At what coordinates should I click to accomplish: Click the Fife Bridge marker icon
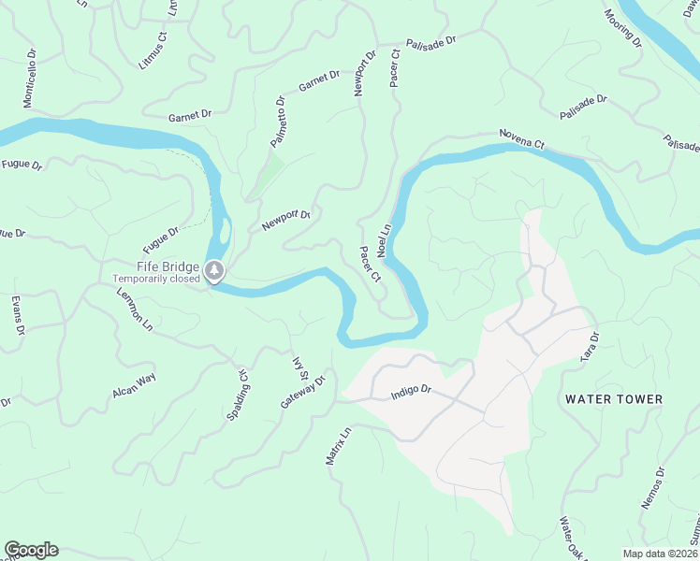click(215, 272)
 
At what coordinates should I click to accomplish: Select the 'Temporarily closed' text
click(156, 279)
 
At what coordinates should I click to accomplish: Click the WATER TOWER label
click(614, 399)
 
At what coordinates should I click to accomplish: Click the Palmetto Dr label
click(278, 122)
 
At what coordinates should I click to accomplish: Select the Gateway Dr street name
click(302, 393)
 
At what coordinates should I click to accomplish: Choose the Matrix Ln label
click(337, 447)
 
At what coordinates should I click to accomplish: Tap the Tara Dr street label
click(589, 344)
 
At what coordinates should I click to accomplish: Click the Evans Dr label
click(17, 316)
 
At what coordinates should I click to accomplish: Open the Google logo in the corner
click(31, 550)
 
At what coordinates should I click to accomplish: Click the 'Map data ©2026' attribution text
click(660, 554)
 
